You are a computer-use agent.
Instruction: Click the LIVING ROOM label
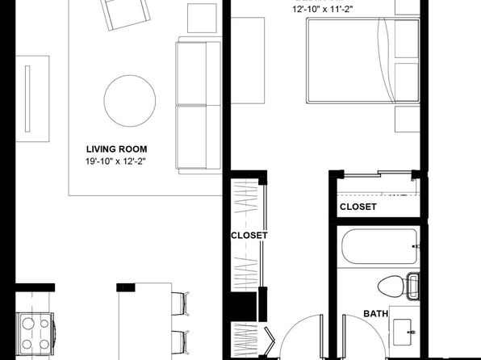116,149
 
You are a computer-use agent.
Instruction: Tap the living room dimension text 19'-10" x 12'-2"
115,161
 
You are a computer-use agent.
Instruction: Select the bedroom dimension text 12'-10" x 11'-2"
322,9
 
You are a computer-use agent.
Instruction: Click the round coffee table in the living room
130,101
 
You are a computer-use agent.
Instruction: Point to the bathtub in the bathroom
379,246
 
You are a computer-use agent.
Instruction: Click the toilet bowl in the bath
390,286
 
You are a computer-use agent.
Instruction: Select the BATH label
375,314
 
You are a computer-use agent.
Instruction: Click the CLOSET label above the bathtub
358,207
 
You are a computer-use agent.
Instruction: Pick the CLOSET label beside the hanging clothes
249,236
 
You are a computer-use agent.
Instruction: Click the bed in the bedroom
363,61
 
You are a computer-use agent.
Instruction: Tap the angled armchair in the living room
125,13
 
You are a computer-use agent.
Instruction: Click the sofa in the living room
199,105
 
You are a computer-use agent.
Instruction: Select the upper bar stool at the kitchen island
180,303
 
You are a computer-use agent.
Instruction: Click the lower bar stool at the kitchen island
180,342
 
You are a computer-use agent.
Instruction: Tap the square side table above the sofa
202,18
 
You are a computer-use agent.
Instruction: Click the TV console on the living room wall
32,98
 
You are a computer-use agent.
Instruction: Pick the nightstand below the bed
407,119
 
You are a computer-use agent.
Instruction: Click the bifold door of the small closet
270,341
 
